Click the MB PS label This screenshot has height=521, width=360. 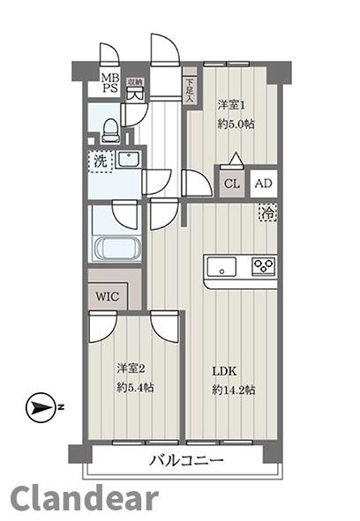pyautogui.click(x=110, y=83)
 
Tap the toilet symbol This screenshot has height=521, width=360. pyautogui.click(x=111, y=131)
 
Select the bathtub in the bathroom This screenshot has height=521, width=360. pyautogui.click(x=117, y=247)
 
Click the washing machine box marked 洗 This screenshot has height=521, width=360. pyautogui.click(x=101, y=161)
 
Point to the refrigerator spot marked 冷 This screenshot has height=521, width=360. pyautogui.click(x=267, y=212)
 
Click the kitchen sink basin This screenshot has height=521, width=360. pyautogui.click(x=222, y=266)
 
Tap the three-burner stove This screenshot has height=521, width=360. pyautogui.click(x=264, y=266)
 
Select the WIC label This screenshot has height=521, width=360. pyautogui.click(x=107, y=296)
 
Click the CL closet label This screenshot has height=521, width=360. pyautogui.click(x=231, y=183)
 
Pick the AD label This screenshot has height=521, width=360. pyautogui.click(x=264, y=183)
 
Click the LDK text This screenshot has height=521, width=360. pyautogui.click(x=225, y=371)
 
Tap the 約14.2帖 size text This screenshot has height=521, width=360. pyautogui.click(x=234, y=390)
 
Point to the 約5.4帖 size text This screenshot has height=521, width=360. pyautogui.click(x=135, y=387)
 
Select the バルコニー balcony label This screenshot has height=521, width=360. pyautogui.click(x=186, y=460)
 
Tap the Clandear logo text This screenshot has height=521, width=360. pyautogui.click(x=85, y=498)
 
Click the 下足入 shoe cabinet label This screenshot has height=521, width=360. pyautogui.click(x=190, y=90)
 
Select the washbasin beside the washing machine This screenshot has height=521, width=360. pyautogui.click(x=129, y=160)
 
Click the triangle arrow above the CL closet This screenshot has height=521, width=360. pyautogui.click(x=236, y=159)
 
